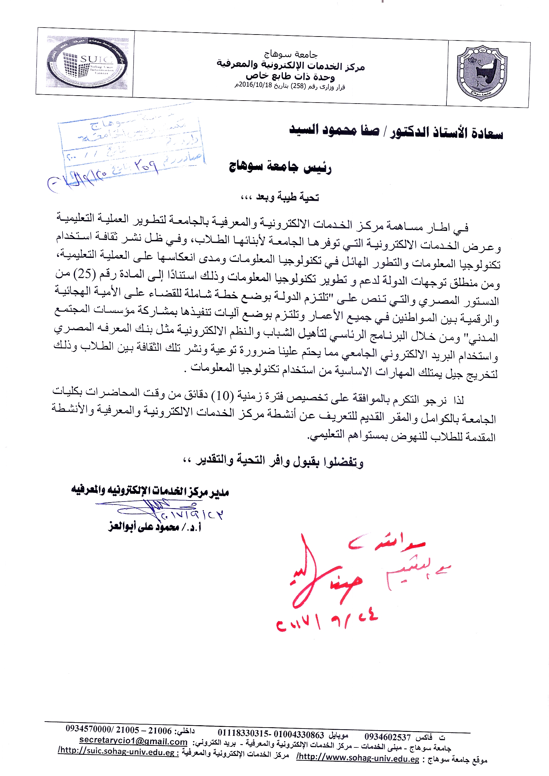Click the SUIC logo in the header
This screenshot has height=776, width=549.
[x=87, y=63]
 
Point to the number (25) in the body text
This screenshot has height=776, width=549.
[x=85, y=274]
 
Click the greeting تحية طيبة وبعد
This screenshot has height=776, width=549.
[x=287, y=197]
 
